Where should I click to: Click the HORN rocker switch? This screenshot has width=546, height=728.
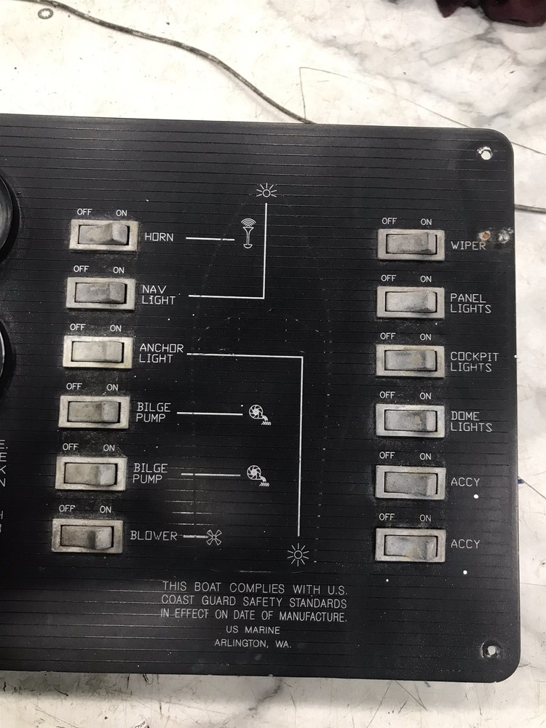coord(104,235)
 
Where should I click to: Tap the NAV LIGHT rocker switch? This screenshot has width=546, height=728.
coord(101,293)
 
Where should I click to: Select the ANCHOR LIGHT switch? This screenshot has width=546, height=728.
coord(98,352)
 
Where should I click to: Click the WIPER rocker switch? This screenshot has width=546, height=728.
coord(411,244)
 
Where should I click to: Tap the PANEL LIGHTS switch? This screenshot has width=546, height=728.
coord(411,302)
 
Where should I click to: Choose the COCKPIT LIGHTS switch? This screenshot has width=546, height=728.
coord(411,360)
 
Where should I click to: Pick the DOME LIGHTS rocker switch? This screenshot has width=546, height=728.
coord(411,420)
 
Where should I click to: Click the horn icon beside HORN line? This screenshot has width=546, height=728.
coord(248,233)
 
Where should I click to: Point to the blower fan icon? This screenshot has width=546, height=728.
coord(213,537)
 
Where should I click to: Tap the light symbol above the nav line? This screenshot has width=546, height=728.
coord(266,191)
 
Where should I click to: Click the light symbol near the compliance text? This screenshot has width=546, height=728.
coord(298,555)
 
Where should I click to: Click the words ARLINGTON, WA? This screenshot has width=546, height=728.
coord(252,643)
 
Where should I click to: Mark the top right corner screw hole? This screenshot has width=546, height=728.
coord(483,152)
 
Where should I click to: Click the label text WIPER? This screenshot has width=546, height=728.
coord(468,245)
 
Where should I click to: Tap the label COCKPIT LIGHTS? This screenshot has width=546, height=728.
coord(474,362)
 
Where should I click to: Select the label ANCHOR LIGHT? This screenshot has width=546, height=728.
coord(161,353)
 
